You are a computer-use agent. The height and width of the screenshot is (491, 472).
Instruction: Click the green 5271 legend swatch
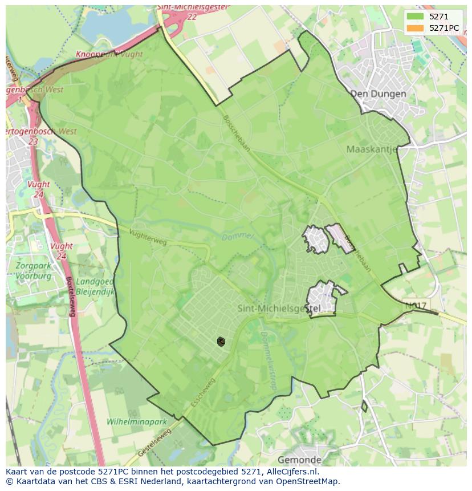(415, 17)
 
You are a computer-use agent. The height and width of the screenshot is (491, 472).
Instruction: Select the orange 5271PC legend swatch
(415, 28)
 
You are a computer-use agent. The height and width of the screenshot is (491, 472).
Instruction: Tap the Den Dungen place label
(378, 94)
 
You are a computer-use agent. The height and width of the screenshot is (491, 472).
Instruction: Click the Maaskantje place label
(372, 149)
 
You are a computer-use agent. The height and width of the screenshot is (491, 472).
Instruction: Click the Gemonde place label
(299, 460)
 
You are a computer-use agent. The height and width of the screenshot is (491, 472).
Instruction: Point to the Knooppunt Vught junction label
(109, 54)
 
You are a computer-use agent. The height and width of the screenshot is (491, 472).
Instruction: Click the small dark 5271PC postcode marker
(221, 342)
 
